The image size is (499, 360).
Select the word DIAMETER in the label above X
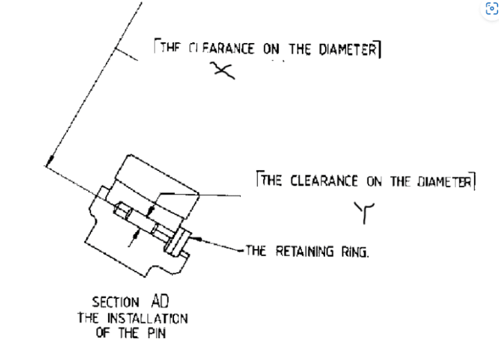click(x=348, y=49)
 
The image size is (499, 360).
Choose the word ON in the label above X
click(x=271, y=49)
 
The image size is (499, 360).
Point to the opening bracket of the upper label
click(x=155, y=47)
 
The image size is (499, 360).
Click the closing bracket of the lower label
click(x=473, y=181)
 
